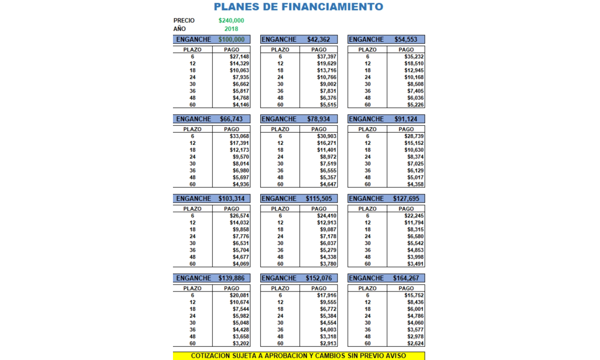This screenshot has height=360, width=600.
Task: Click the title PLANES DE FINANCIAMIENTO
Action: coord(299,7)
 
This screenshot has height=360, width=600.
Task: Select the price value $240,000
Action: coord(231,21)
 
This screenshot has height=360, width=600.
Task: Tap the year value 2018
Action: coord(231,29)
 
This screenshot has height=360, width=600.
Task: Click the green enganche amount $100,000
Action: coord(232,39)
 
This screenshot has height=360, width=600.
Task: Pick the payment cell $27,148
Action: coord(239,57)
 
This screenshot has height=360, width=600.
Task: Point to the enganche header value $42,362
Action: coord(319,39)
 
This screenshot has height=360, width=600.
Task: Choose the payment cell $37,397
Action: coord(327,57)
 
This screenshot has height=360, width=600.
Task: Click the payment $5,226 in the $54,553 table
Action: coord(414,105)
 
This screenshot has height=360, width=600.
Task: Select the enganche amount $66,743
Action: coord(232,119)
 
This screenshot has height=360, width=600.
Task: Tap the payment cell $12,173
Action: coord(239,150)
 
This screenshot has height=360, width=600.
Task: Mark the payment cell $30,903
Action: coord(327,136)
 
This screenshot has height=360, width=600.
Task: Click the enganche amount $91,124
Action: coord(406,119)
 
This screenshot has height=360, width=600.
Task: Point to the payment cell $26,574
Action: coord(239,216)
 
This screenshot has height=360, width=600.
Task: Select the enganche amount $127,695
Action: coord(406,199)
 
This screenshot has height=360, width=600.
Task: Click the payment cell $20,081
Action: coord(239,296)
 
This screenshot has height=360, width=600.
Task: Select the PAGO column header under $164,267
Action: coord(406,288)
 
